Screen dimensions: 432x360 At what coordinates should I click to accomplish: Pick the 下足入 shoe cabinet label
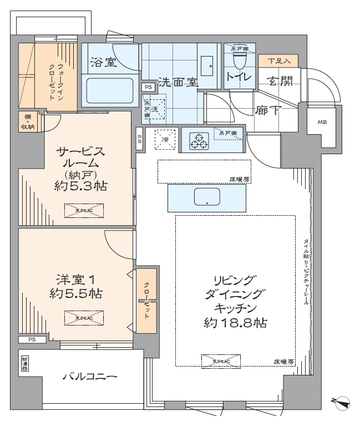[x=278, y=60]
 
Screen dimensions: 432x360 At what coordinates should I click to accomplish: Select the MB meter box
[x=322, y=122]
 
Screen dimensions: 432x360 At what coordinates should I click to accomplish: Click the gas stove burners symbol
[x=198, y=143]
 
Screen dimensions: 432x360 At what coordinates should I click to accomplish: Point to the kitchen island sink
[x=207, y=197]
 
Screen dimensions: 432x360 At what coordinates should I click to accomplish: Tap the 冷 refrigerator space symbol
[x=165, y=139]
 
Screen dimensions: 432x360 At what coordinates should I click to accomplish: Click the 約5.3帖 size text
[x=78, y=187]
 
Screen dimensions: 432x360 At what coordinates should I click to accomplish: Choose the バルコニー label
[x=89, y=377]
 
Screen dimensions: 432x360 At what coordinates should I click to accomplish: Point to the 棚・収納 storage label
[x=27, y=121]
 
